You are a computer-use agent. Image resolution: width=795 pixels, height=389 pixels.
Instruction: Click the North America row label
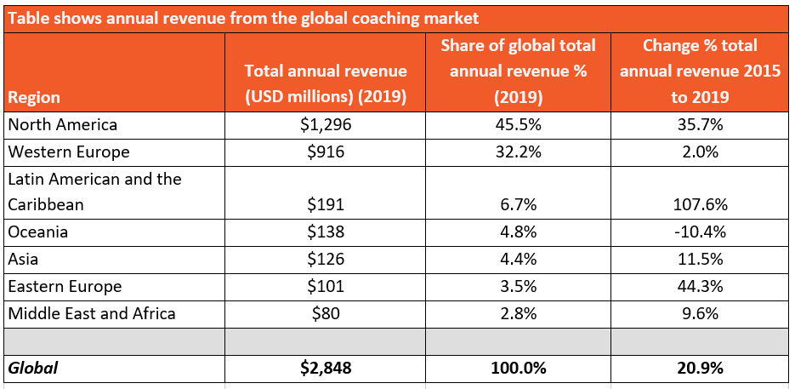click(x=62, y=125)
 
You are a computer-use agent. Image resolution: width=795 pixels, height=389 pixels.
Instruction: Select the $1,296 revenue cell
click(x=326, y=125)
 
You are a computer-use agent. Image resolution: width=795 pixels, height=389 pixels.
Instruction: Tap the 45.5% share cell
click(x=518, y=125)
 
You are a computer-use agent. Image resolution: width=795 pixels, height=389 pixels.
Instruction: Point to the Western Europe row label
click(x=69, y=152)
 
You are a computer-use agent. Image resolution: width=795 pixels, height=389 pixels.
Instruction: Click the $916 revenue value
click(x=326, y=152)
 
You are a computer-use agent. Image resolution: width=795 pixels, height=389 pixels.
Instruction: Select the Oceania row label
click(x=38, y=232)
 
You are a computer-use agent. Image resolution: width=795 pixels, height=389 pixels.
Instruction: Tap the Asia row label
click(x=24, y=260)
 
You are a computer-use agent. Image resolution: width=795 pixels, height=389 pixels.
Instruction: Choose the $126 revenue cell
click(x=326, y=260)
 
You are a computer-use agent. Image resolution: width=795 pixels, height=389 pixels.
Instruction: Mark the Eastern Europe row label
click(x=65, y=287)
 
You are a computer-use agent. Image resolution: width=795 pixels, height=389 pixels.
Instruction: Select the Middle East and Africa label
click(x=92, y=313)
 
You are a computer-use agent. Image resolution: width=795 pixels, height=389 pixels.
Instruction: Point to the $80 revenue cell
click(x=326, y=313)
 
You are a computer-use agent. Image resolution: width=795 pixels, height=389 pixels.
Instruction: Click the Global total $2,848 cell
click(x=326, y=368)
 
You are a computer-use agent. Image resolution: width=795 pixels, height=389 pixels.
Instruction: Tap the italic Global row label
click(x=33, y=368)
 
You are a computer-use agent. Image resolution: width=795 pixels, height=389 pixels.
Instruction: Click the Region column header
click(x=34, y=98)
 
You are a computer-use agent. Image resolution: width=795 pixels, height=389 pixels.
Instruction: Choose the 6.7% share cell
click(x=518, y=206)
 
